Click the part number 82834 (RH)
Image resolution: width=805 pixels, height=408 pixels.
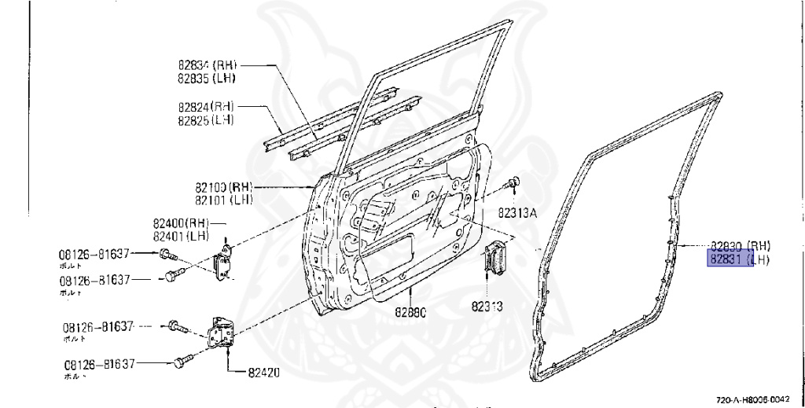(206, 65)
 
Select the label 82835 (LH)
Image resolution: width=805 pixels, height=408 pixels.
(206, 78)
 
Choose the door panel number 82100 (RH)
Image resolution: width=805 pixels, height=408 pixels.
(223, 188)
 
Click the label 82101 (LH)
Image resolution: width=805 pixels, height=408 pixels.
(223, 200)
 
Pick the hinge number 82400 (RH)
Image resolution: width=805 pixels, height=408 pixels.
(181, 223)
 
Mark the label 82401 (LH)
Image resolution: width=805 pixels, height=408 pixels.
(181, 235)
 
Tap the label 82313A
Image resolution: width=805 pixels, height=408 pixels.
(516, 211)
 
